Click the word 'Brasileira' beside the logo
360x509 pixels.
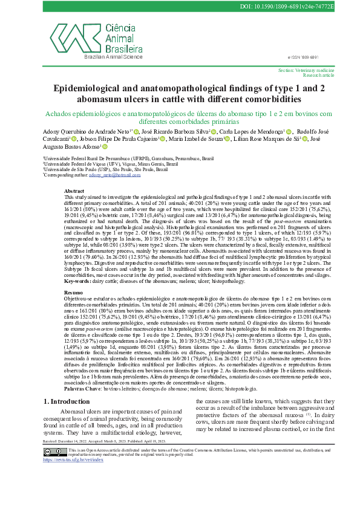click(x=124, y=48)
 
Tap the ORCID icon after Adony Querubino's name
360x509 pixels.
click(x=136, y=131)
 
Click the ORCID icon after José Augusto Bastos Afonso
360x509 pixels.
click(x=104, y=147)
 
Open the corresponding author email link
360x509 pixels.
click(x=111, y=175)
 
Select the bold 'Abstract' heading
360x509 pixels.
click(x=74, y=190)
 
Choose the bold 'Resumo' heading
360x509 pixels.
click(x=74, y=292)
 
